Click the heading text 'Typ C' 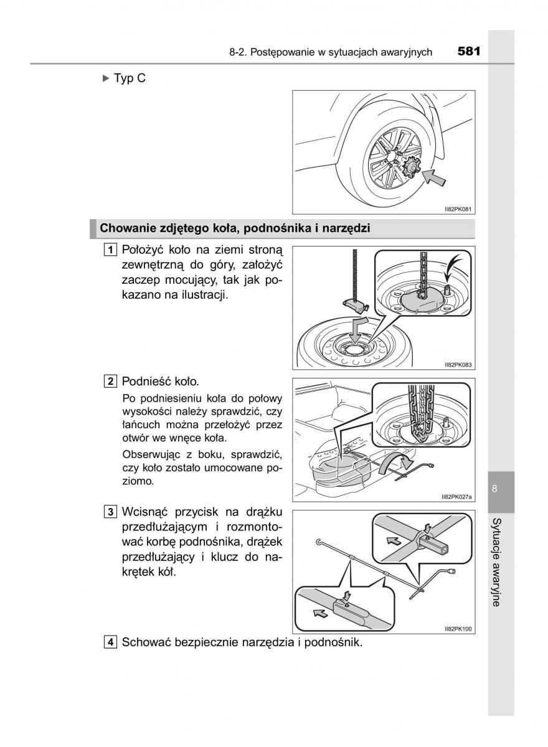click(130, 79)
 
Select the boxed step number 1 click(110, 250)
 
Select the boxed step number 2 click(110, 381)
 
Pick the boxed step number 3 click(110, 512)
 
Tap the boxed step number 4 click(110, 642)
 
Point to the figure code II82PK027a click(456, 497)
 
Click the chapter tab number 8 click(494, 489)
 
